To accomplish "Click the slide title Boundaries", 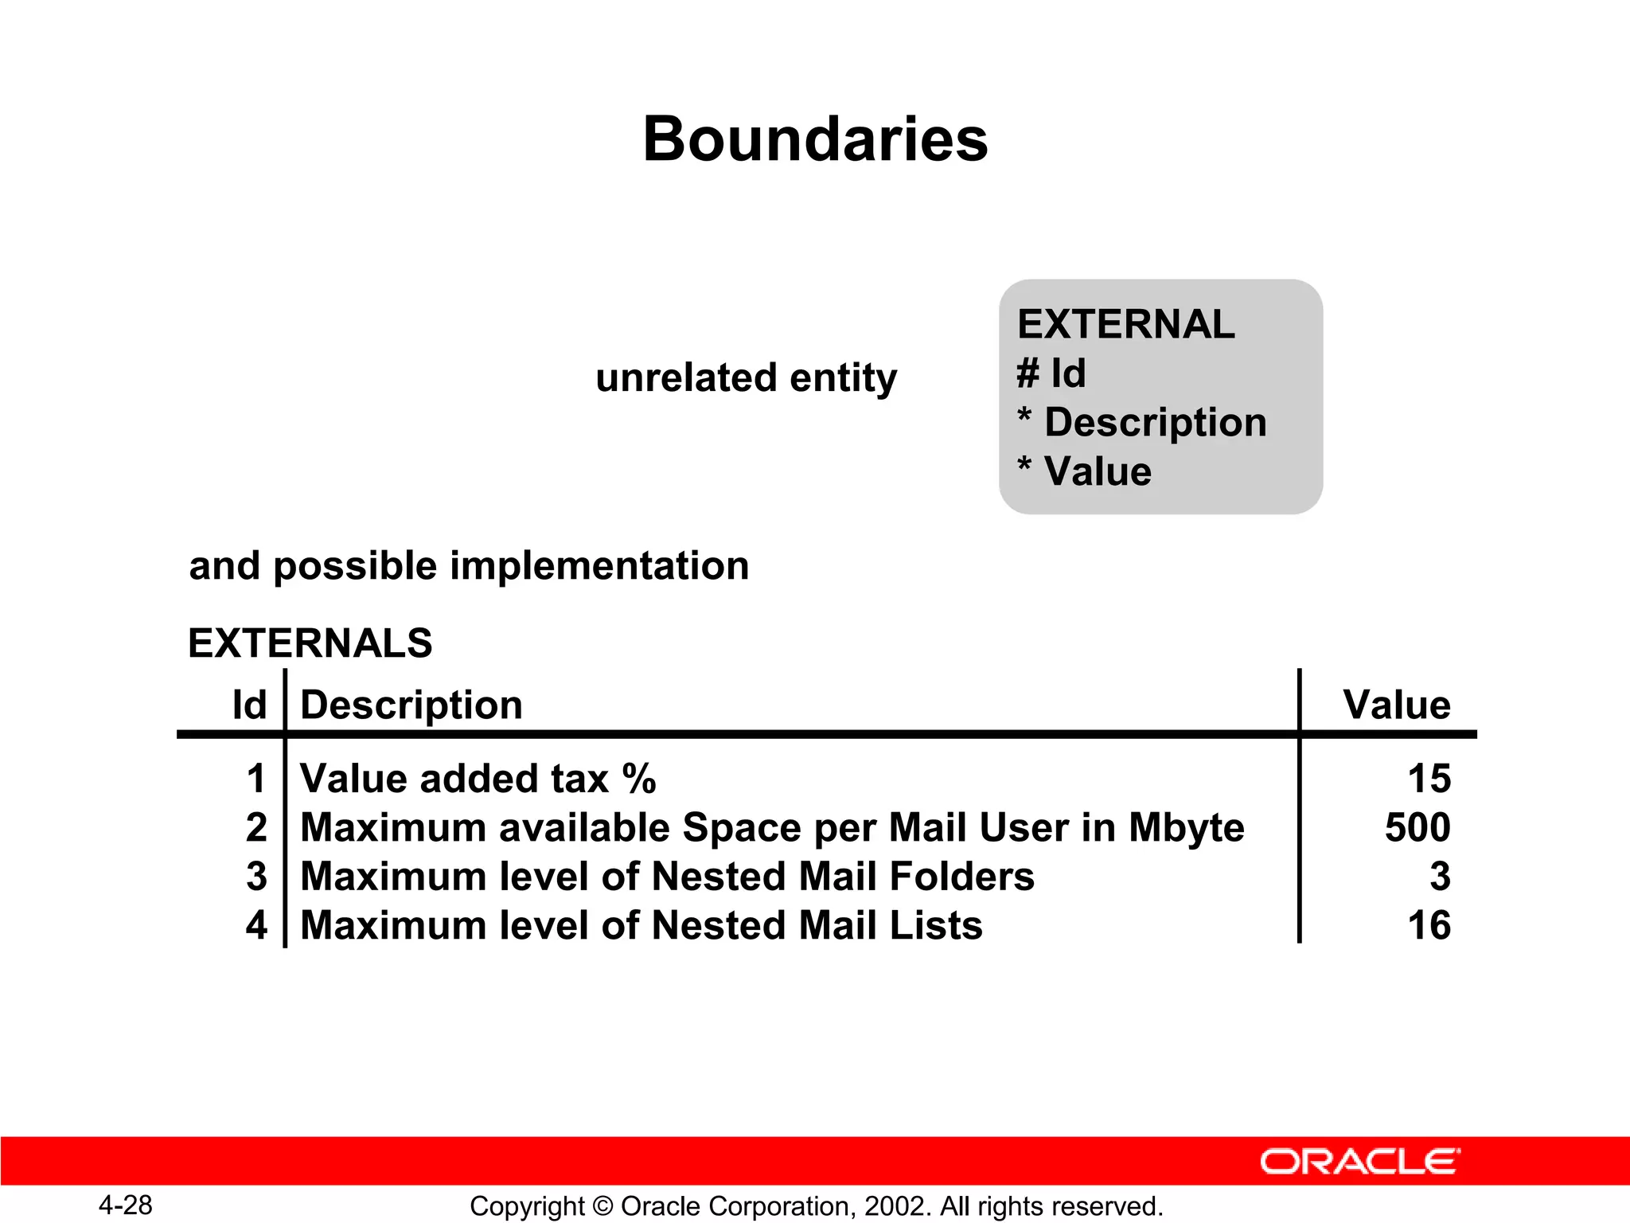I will tap(815, 139).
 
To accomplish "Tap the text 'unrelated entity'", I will tap(746, 377).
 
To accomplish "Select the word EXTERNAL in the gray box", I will tap(1125, 325).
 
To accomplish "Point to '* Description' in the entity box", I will tap(1142, 422).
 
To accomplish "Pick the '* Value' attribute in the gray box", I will tap(1084, 471).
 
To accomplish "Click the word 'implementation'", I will tap(599, 566).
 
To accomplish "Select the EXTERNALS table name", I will tap(310, 643).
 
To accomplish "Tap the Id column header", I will tap(249, 705).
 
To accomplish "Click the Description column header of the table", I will tap(411, 705).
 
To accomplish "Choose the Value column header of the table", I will tap(1397, 705).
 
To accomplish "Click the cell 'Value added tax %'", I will tap(478, 779).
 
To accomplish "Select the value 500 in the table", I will tap(1417, 827).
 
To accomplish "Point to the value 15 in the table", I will tap(1429, 779).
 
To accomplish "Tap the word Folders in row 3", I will tap(961, 877).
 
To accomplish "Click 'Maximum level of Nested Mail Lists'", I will tap(641, 926).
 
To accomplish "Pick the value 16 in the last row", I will tap(1429, 926).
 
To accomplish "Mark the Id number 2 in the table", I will tap(256, 827).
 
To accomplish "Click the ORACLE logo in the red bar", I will tap(1359, 1162).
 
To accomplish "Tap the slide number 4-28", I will tap(125, 1205).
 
